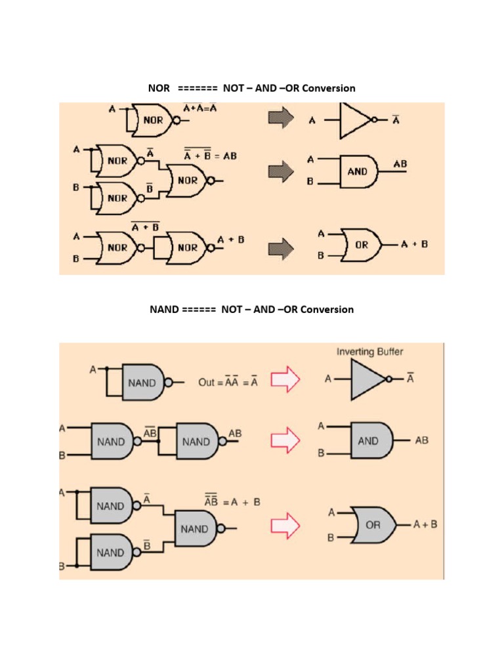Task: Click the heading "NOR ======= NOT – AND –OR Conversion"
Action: [252, 88]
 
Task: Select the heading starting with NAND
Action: [252, 309]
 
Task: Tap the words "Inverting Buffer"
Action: [370, 352]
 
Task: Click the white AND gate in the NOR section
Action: [358, 171]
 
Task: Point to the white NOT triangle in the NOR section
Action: [354, 121]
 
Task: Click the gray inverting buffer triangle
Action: [367, 380]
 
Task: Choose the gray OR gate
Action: [372, 525]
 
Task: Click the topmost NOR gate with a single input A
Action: [152, 120]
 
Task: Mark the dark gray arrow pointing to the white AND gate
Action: [281, 172]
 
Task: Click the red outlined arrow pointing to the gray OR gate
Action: [285, 525]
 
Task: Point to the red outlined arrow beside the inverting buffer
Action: [285, 380]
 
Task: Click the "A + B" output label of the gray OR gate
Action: [425, 524]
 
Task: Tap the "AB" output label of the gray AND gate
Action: [421, 440]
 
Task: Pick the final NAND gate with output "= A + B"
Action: [196, 528]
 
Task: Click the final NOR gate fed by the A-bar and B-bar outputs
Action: [187, 180]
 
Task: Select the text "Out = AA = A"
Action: [228, 382]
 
